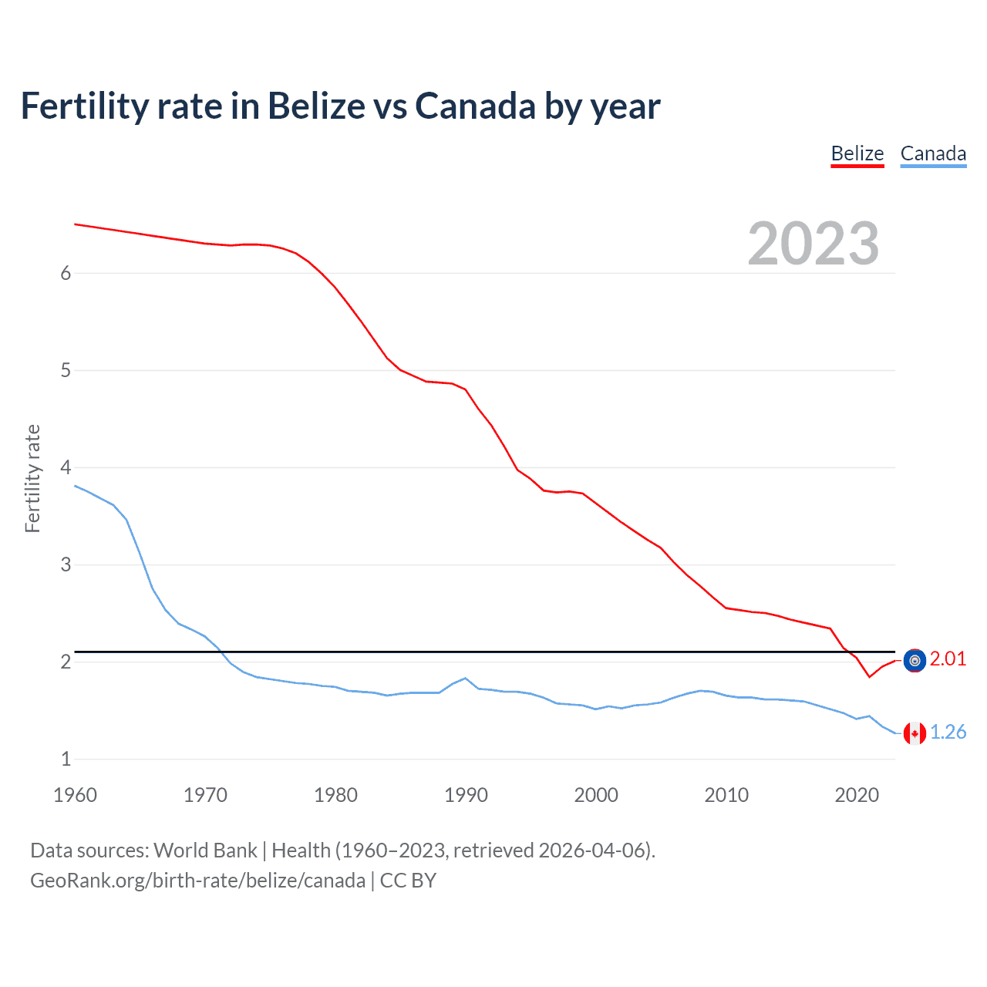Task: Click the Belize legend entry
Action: [x=857, y=153]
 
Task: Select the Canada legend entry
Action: [x=933, y=153]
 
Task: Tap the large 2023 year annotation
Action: [x=813, y=244]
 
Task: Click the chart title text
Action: [x=340, y=106]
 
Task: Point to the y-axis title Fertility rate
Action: [x=32, y=478]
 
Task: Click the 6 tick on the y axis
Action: [x=66, y=273]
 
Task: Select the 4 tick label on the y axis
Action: [x=66, y=467]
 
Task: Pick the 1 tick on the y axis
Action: [x=66, y=759]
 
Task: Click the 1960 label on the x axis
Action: [x=75, y=795]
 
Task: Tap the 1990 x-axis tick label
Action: [x=466, y=795]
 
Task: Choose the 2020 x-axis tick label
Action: [x=857, y=795]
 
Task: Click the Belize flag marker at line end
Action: [x=915, y=660]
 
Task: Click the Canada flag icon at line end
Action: [x=915, y=733]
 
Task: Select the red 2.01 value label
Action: [x=948, y=659]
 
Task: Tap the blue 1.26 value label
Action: [x=948, y=732]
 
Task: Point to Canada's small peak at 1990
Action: [x=465, y=679]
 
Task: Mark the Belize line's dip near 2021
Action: [x=869, y=676]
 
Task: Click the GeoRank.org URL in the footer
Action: [x=197, y=880]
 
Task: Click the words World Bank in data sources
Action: [x=205, y=850]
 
